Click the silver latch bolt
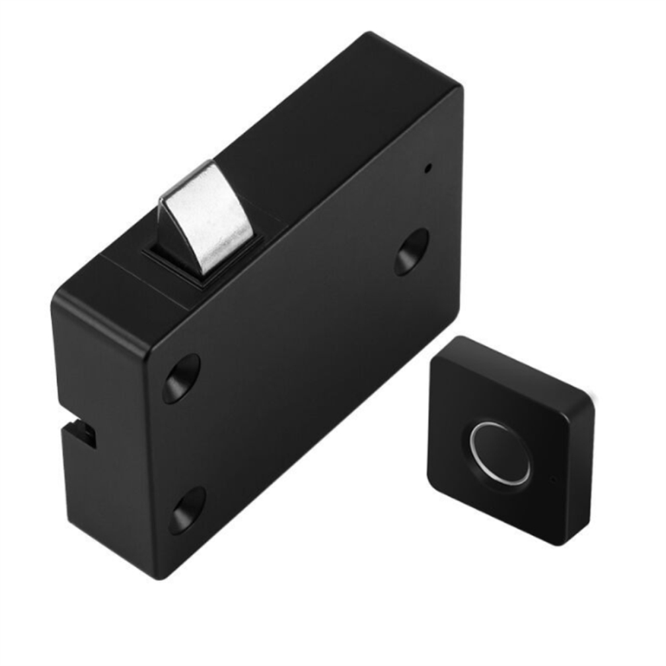205,215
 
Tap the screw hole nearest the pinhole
411,251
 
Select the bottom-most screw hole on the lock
186,510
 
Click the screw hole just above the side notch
182,378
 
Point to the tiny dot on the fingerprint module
553,480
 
